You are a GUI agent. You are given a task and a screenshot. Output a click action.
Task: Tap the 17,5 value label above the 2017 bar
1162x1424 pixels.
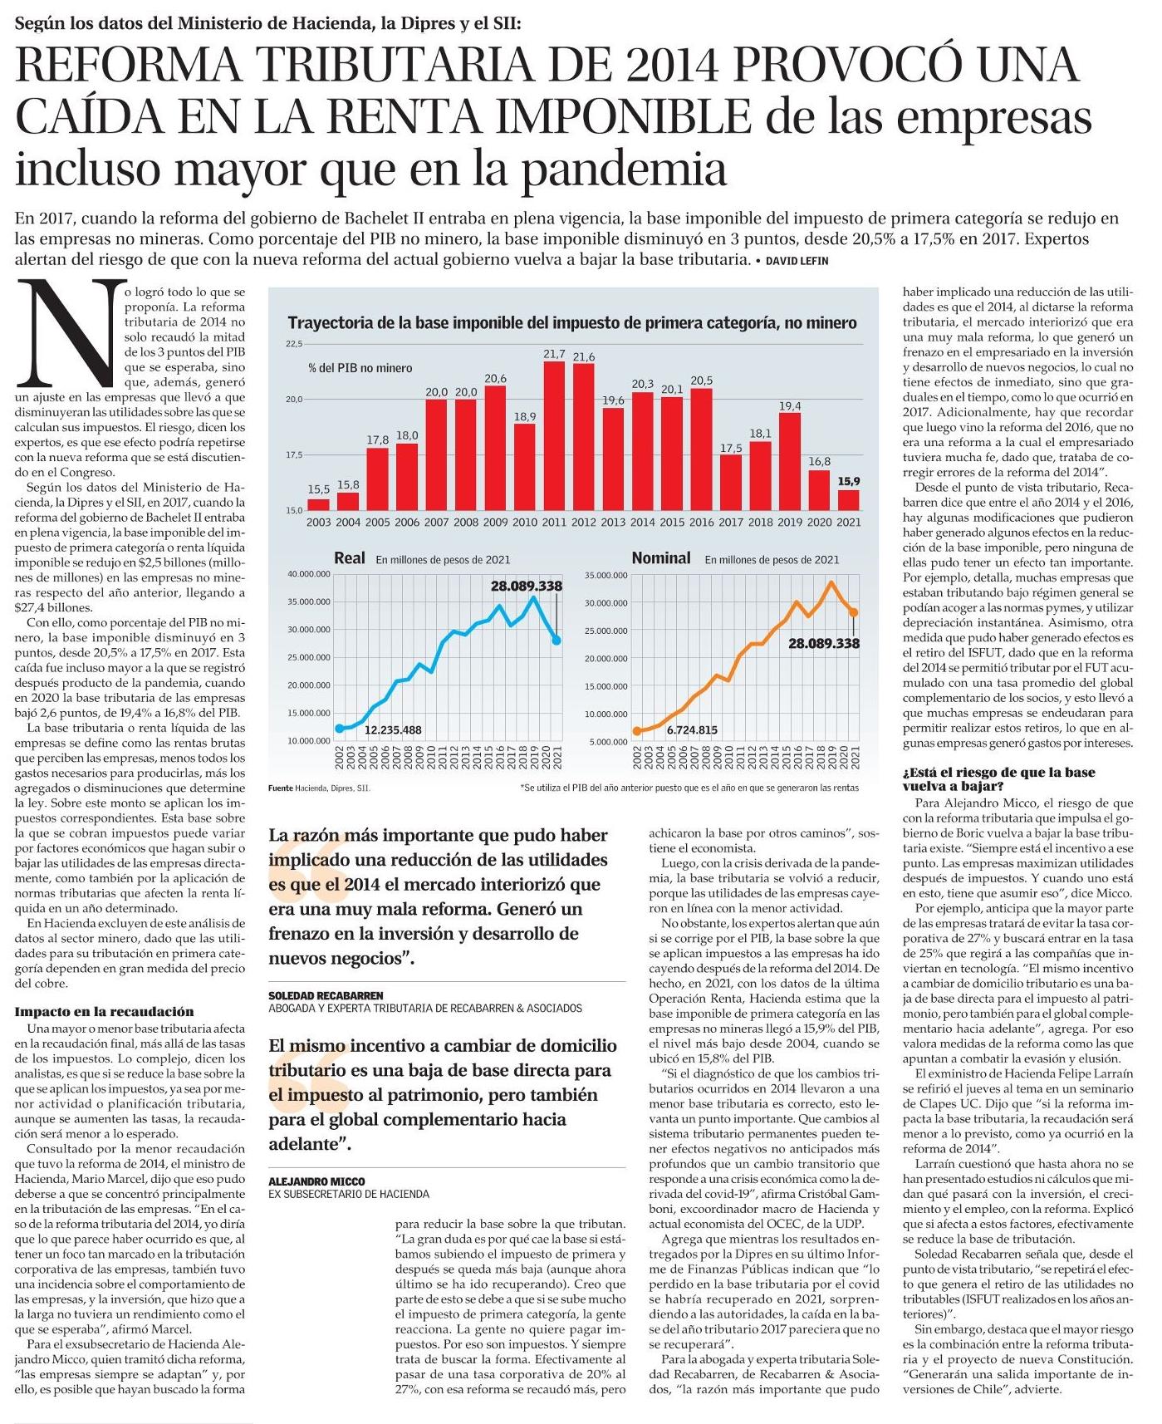(731, 448)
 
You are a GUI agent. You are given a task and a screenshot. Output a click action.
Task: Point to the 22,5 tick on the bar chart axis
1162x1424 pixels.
(295, 344)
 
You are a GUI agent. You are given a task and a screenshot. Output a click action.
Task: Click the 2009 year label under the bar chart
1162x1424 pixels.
(495, 523)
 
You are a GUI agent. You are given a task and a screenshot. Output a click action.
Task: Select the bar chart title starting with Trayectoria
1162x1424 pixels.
(571, 323)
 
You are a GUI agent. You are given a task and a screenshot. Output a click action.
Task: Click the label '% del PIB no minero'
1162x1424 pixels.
(360, 368)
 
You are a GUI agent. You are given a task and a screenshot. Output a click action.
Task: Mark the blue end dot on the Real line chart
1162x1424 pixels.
(556, 640)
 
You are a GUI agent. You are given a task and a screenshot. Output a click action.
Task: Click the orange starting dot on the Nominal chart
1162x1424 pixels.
(637, 731)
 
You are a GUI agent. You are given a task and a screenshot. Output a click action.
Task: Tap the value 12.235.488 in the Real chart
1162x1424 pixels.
(393, 730)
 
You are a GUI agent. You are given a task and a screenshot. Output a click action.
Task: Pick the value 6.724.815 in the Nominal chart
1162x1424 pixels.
(689, 730)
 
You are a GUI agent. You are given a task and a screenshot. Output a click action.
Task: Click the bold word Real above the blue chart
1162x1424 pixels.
(349, 558)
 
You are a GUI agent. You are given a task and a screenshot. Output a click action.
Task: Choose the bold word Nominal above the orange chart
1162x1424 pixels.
(660, 558)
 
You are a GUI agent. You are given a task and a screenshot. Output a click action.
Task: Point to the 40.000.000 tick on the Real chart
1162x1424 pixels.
(308, 574)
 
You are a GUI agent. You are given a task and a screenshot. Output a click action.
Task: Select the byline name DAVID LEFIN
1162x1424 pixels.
(797, 261)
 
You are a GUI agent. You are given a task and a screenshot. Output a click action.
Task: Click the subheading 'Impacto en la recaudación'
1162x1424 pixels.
(104, 1011)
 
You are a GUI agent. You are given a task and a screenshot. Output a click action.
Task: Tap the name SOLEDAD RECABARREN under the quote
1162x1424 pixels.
(326, 995)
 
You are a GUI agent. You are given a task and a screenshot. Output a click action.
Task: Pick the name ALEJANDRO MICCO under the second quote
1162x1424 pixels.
(316, 1181)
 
